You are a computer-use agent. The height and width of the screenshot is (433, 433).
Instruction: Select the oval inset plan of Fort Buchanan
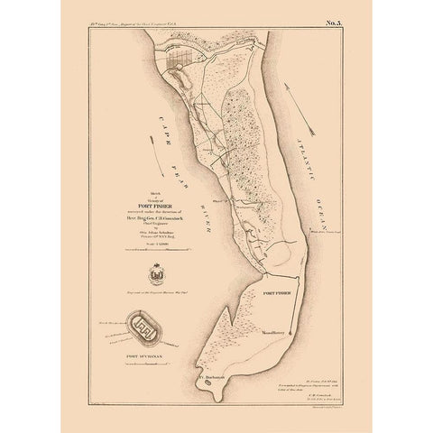tap(144, 327)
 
